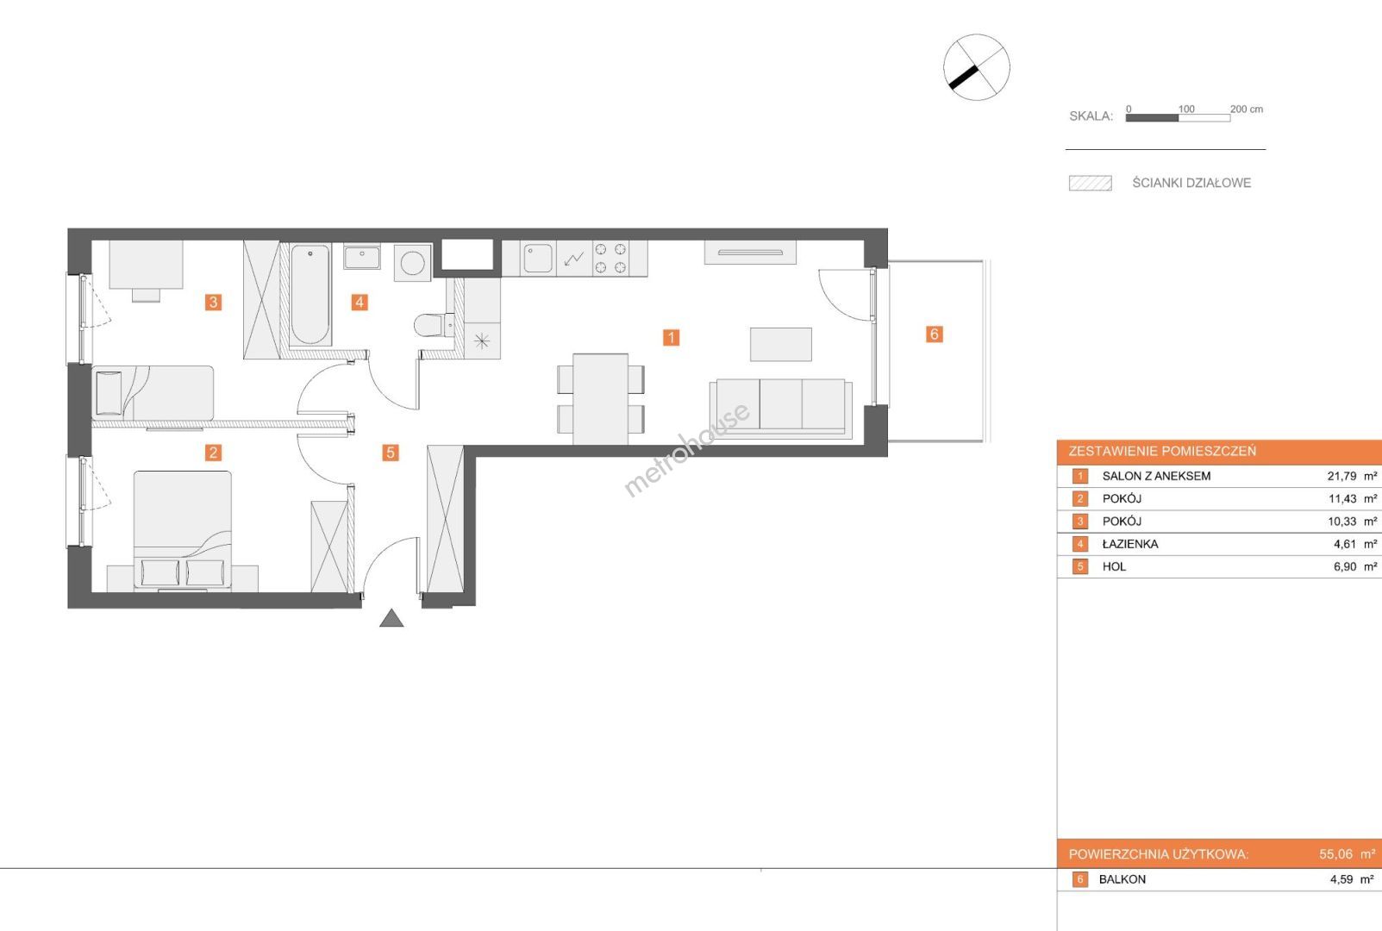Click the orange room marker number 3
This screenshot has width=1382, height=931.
pos(213,303)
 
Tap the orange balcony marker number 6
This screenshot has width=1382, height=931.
pos(934,334)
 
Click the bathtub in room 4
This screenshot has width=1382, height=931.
pos(310,295)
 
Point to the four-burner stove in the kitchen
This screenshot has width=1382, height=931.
pos(610,259)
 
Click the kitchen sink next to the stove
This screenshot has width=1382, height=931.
pos(537,259)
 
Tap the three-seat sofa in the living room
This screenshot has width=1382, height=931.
pos(780,409)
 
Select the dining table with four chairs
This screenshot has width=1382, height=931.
pos(600,398)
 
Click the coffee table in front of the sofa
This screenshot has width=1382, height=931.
pos(780,344)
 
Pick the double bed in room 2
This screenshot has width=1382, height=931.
pos(183,530)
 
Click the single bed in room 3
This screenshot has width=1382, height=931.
pos(153,393)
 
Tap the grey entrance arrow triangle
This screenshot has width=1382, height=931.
pos(391,618)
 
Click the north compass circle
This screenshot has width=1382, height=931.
pos(977,67)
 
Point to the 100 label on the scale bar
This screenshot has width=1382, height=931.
pos(1185,109)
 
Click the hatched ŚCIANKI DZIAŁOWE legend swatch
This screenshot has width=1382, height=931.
pos(1091,184)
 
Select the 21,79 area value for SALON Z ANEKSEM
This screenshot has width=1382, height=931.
pos(1341,477)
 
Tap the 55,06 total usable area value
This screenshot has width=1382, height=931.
pos(1335,854)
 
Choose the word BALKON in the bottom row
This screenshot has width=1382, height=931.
pos(1122,880)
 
